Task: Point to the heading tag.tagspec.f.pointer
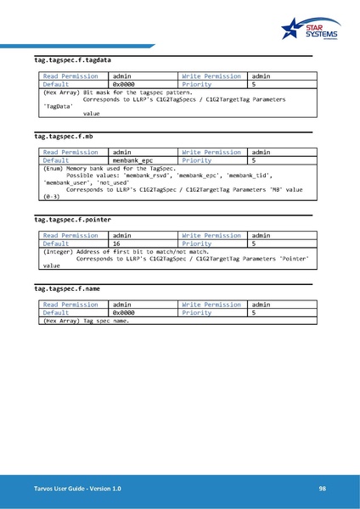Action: pyautogui.click(x=72, y=219)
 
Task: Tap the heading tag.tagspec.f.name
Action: pyautogui.click(x=67, y=288)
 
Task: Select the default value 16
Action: pyautogui.click(x=119, y=243)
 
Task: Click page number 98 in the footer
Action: pyautogui.click(x=323, y=489)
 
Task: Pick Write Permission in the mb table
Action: pyautogui.click(x=211, y=152)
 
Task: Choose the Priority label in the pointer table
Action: pyautogui.click(x=197, y=243)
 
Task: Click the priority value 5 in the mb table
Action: pyautogui.click(x=254, y=159)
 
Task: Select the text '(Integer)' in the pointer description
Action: pyautogui.click(x=58, y=251)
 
